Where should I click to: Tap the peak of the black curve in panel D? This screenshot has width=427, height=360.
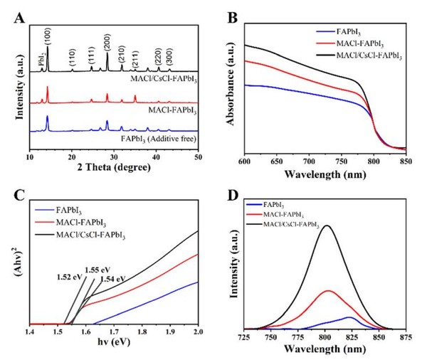(327, 226)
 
